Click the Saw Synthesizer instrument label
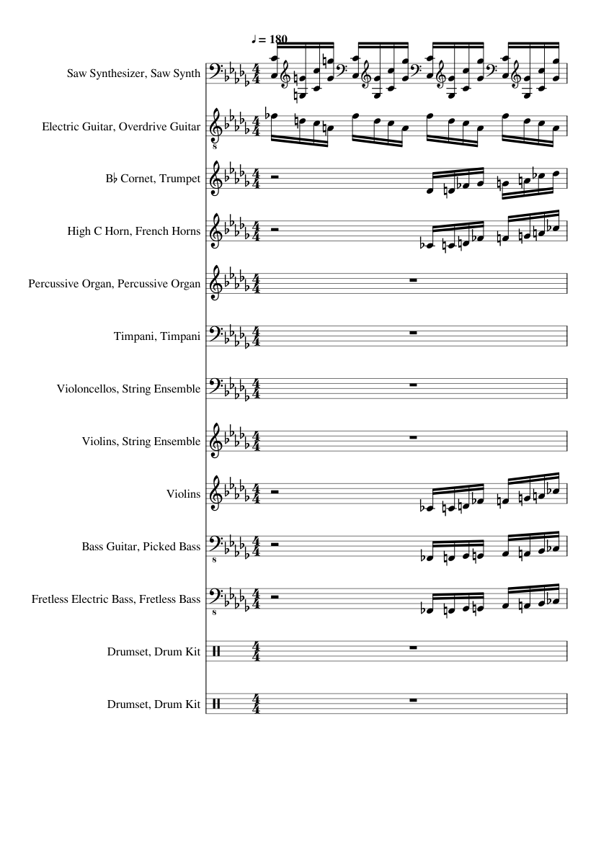click(133, 73)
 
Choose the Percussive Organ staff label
click(114, 284)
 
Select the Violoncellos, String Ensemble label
click(128, 390)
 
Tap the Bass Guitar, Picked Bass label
click(141, 547)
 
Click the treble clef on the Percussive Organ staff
click(215, 284)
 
